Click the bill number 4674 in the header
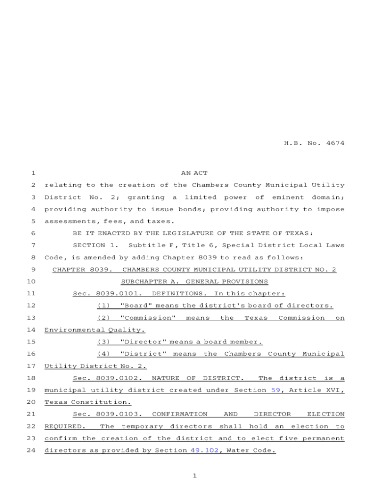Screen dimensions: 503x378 (x=334, y=143)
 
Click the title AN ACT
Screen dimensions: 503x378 (x=194, y=173)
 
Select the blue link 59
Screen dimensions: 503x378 (x=276, y=391)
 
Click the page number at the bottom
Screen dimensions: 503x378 (x=194, y=475)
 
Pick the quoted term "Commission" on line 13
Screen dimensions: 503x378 (x=148, y=318)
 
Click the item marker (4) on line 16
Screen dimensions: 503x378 (x=103, y=354)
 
